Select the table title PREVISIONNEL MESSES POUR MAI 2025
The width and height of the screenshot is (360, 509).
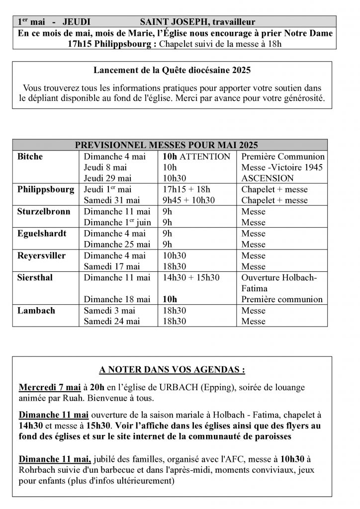166,145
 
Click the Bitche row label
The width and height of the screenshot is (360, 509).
30,157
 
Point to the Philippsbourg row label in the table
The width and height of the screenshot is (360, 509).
46,189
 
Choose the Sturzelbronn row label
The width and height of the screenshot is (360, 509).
44,211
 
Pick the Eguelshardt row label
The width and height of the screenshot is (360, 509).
42,233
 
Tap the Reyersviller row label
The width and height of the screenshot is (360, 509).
41,255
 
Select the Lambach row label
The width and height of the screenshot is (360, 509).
36,310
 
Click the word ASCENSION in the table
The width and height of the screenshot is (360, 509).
268,178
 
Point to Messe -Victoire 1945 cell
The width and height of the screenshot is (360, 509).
282,168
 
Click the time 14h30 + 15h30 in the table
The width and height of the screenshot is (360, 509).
191,277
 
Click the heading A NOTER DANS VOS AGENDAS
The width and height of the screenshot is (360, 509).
172,370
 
